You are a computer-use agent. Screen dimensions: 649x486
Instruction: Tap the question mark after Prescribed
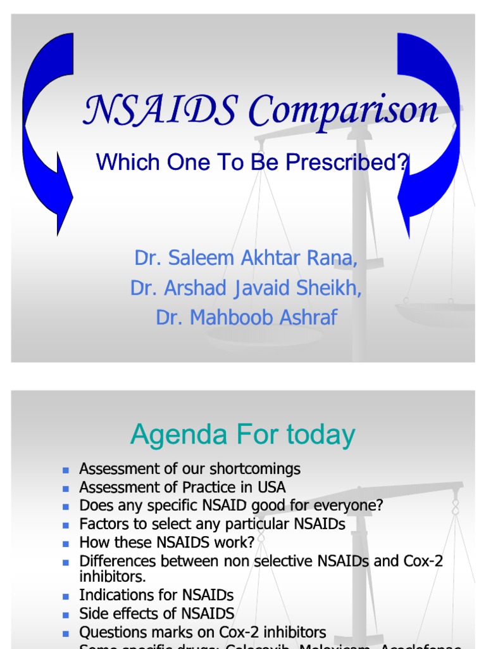404,162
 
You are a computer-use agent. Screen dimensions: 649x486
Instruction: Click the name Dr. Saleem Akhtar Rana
246,259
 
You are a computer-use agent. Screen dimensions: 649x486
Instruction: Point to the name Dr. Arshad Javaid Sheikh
246,288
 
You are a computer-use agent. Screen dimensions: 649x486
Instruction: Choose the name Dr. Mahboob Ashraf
246,317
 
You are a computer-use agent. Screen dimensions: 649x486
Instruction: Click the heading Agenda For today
242,435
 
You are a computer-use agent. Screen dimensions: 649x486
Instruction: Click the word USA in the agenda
271,487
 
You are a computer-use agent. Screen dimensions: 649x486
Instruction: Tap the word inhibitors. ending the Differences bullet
112,577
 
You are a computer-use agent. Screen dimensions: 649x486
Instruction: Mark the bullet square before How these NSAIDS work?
65,543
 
